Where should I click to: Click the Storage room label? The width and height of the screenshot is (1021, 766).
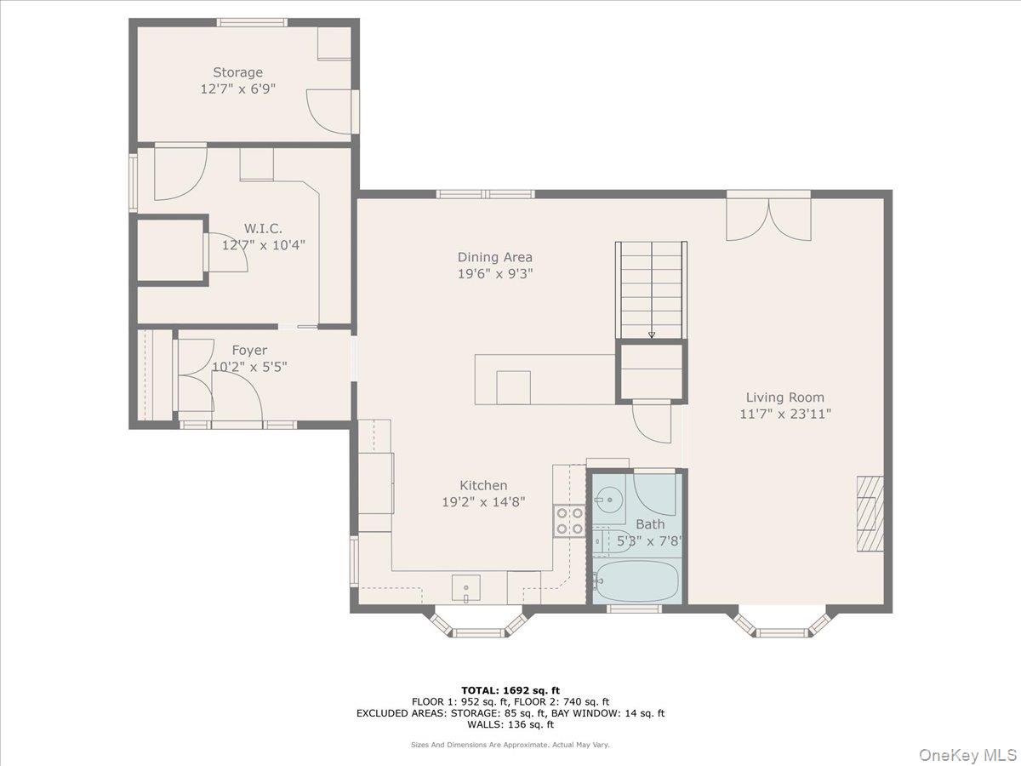(x=237, y=72)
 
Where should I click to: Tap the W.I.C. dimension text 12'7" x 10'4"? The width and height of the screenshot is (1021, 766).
(x=263, y=244)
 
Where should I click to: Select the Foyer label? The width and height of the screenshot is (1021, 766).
(x=249, y=350)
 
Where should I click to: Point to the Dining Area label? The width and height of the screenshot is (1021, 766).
(x=495, y=257)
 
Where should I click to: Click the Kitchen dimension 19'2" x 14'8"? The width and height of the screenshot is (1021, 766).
(x=483, y=502)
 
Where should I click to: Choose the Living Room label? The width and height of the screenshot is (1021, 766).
(x=785, y=397)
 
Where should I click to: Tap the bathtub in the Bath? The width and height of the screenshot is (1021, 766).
(x=636, y=581)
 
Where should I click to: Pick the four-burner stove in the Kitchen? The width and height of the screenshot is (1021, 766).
(x=569, y=521)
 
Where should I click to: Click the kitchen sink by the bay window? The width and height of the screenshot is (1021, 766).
(x=466, y=588)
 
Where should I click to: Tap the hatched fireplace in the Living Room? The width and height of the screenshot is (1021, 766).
(x=870, y=514)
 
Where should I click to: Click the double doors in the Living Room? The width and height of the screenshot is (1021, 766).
(x=769, y=220)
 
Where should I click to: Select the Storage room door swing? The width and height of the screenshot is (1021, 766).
(x=329, y=111)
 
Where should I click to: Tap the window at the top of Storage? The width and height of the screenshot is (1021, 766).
(x=252, y=22)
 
